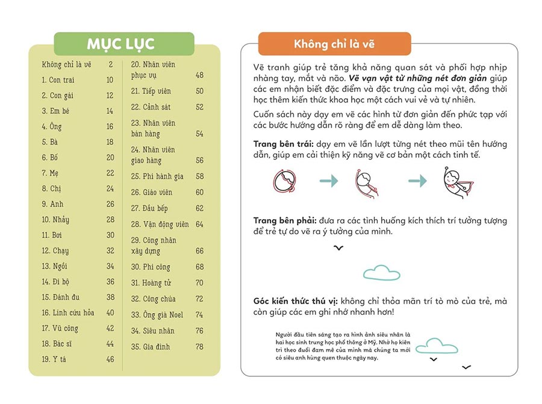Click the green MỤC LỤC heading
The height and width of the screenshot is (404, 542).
(x=124, y=44)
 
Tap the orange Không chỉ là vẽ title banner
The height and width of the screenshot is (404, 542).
(x=334, y=44)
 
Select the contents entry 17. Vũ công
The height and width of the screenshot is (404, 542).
(x=60, y=328)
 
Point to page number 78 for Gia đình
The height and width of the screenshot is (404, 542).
(x=199, y=347)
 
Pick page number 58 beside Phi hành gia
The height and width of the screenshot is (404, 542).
(x=199, y=176)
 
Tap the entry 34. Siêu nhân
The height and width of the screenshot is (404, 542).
(x=151, y=331)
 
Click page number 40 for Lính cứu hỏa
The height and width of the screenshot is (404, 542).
(x=110, y=312)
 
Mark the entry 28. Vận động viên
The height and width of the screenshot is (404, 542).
(x=160, y=224)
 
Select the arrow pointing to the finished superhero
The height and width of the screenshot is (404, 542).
(x=417, y=181)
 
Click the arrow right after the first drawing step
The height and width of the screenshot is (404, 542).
(x=329, y=181)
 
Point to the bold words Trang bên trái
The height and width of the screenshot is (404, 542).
(x=282, y=145)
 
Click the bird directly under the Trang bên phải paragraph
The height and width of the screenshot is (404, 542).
(x=339, y=247)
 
